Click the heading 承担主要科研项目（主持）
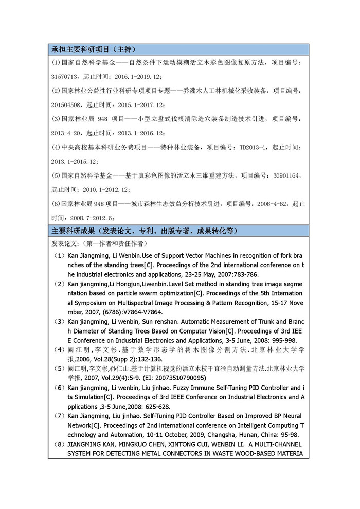(94, 50)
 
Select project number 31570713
(65, 76)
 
